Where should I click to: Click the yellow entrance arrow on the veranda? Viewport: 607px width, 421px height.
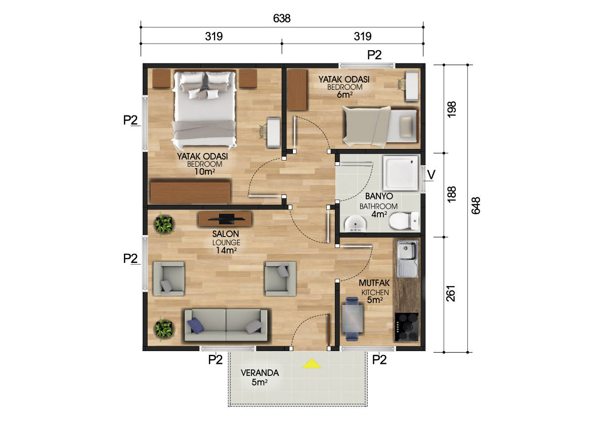point(312,364)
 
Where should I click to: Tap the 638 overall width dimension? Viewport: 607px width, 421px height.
point(282,18)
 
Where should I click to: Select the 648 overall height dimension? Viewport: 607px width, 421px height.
point(476,206)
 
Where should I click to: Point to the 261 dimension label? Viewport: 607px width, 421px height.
point(451,293)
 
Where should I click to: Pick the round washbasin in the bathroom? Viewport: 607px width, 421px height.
point(355,224)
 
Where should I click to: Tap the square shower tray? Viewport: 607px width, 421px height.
point(401,173)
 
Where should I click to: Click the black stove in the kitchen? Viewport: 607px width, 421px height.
point(407,327)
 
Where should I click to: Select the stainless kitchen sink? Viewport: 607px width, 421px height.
point(407,259)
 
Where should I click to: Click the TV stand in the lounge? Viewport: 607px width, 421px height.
point(225,219)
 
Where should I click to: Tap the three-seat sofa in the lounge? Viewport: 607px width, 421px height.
point(226,325)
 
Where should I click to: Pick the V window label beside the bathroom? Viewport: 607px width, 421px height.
point(431,175)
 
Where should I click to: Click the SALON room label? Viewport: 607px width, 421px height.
point(226,234)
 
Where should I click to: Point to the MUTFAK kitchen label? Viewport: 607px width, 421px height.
point(374,283)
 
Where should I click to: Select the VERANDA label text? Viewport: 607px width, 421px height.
point(260,373)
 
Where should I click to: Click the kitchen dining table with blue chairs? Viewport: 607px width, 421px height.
point(352,319)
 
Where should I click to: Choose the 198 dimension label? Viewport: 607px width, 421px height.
point(451,109)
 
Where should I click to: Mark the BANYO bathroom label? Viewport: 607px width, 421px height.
point(379,196)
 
